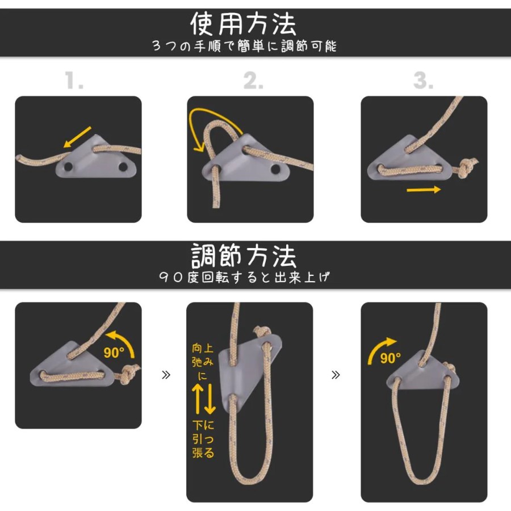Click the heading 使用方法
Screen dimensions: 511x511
click(243, 24)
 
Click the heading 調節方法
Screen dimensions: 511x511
click(243, 256)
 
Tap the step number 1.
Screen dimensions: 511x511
click(74, 80)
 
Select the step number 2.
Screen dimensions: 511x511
click(253, 81)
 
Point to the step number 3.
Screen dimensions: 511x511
click(423, 81)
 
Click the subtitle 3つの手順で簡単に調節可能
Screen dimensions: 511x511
click(244, 46)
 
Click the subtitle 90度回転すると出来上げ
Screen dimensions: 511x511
click(244, 277)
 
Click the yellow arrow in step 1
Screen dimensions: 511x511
click(77, 137)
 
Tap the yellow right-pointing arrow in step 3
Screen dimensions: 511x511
click(424, 190)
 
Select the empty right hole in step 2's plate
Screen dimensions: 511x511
click(275, 169)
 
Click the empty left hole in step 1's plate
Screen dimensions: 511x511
click(69, 166)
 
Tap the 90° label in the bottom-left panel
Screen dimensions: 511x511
click(114, 352)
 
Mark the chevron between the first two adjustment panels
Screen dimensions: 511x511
click(166, 375)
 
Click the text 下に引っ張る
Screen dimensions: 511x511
click(203, 439)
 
